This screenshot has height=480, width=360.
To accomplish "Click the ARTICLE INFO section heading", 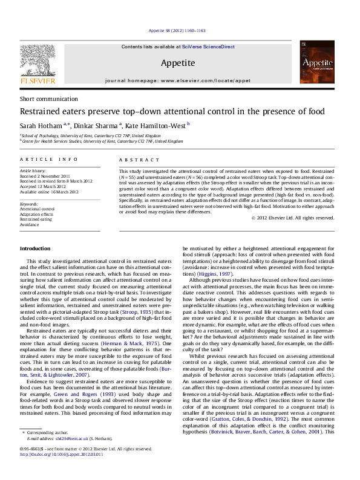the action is (44, 159).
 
